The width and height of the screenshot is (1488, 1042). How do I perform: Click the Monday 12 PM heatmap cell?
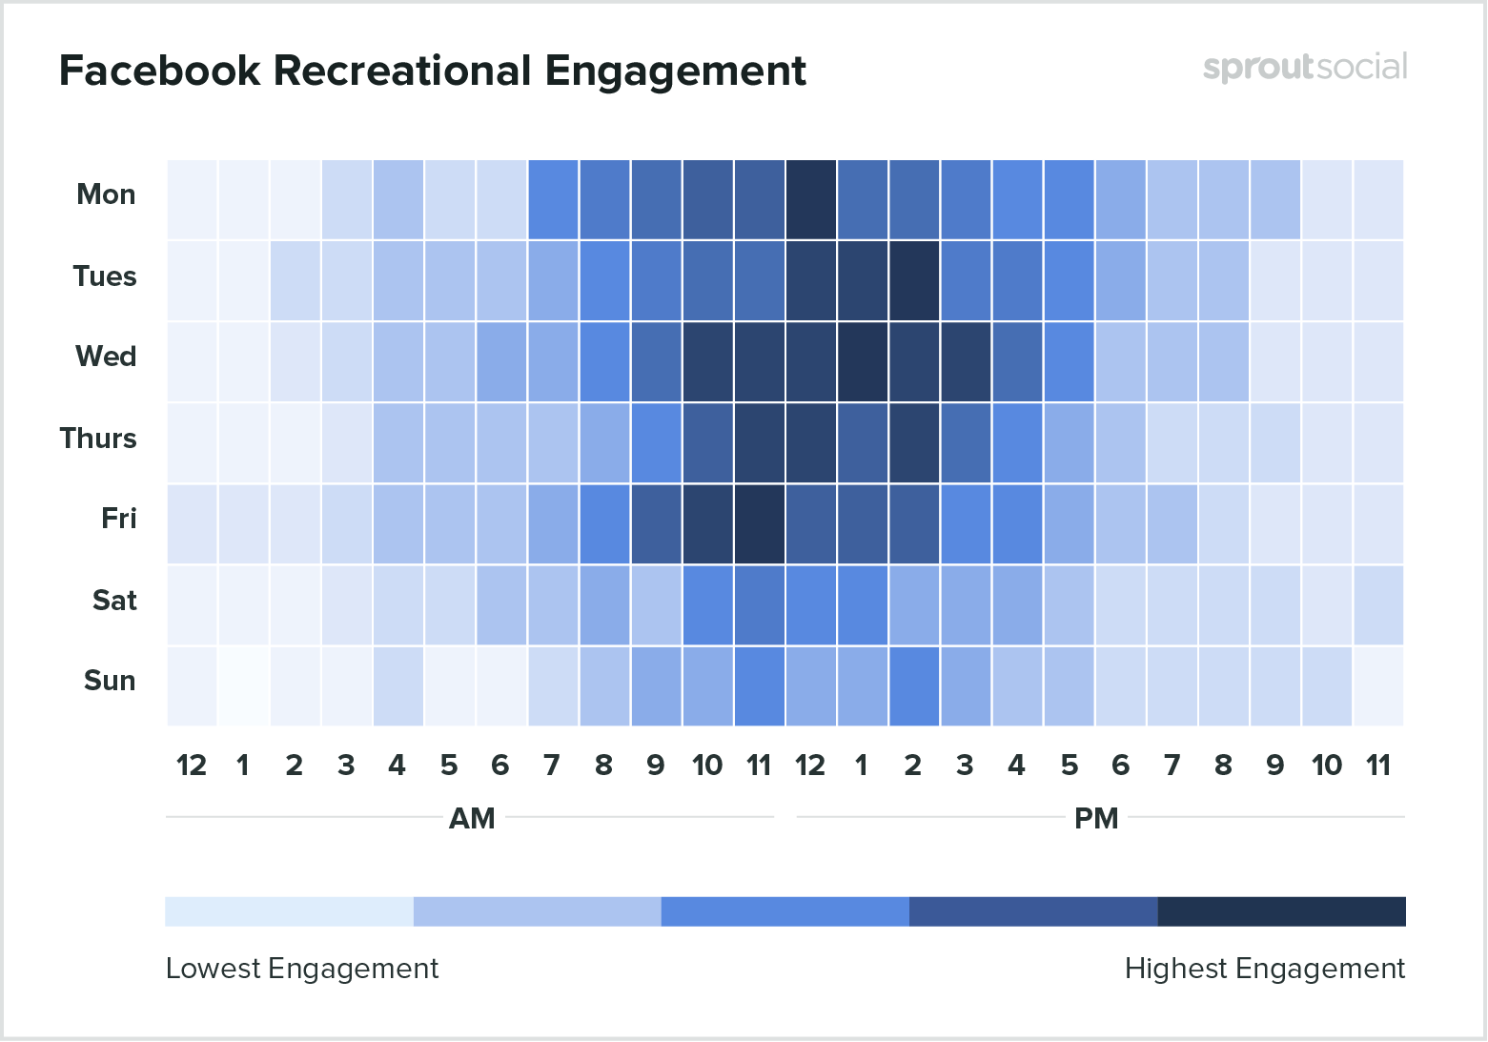tap(811, 199)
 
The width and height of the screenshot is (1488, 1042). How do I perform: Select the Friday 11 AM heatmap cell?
tap(760, 523)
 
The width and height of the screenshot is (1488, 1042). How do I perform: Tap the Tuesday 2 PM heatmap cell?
tap(914, 280)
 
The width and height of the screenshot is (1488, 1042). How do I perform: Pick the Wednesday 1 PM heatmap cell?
tap(863, 361)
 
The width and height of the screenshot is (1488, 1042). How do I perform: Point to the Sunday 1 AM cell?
tap(243, 685)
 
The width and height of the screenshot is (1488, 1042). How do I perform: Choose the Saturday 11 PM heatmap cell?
tap(1378, 604)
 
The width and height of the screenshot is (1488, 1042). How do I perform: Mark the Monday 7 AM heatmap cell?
tap(553, 199)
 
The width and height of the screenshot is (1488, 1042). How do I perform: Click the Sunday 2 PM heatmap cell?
tap(914, 685)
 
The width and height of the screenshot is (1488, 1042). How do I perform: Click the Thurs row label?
tap(98, 439)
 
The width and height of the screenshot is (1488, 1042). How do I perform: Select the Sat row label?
tap(114, 601)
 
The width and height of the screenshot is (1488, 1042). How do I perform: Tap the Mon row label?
tap(106, 194)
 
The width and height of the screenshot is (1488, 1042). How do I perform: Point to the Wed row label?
tap(106, 357)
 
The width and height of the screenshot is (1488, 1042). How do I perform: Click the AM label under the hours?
tap(472, 819)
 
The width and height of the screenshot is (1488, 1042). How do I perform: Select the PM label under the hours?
tap(1096, 819)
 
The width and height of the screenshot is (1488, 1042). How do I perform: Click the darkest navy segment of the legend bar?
tap(1281, 911)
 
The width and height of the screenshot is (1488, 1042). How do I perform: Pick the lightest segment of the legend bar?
tap(289, 911)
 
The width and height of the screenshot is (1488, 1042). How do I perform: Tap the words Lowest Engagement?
tap(302, 969)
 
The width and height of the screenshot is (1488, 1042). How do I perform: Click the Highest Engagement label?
tap(1264, 969)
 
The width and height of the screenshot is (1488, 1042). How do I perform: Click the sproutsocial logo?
tap(1304, 68)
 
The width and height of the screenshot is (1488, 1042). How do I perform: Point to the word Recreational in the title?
tap(401, 71)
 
